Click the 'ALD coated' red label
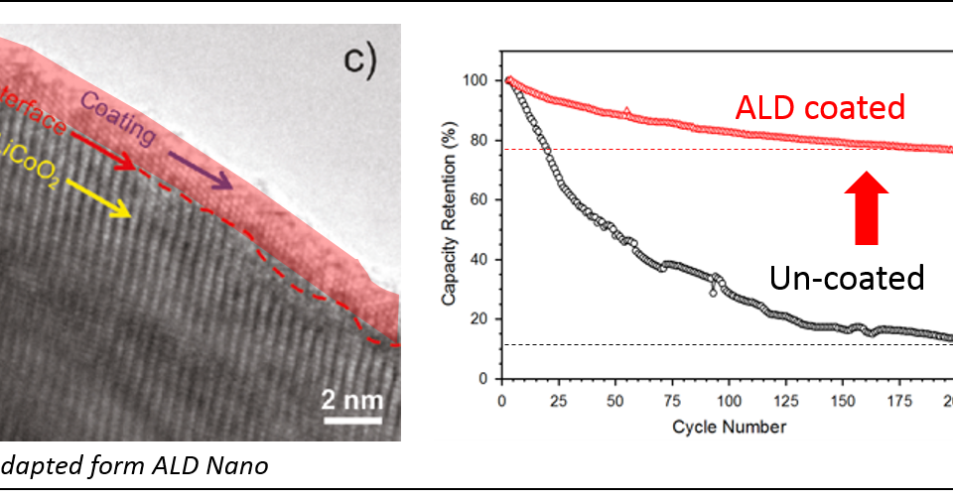(820, 108)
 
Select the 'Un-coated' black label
(847, 278)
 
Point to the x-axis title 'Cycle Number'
(729, 428)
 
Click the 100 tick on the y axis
(480, 80)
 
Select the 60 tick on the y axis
(483, 199)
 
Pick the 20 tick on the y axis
(483, 318)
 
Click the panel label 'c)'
(360, 61)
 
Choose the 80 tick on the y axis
(483, 140)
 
